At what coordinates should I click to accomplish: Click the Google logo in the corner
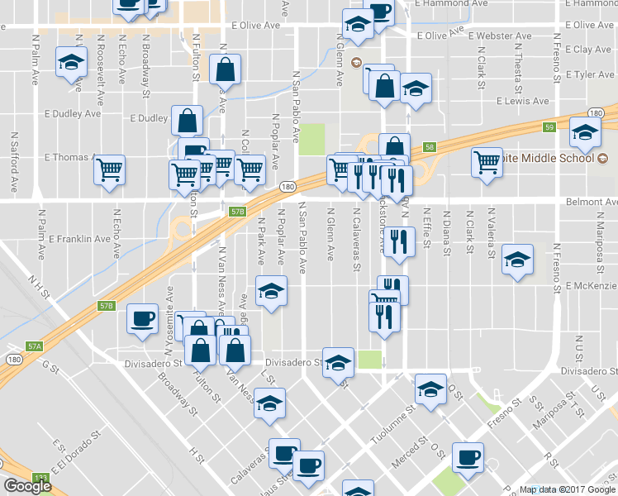pyautogui.click(x=27, y=486)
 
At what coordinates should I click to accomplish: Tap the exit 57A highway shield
pyautogui.click(x=34, y=346)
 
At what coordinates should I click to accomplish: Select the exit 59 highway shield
pyautogui.click(x=549, y=127)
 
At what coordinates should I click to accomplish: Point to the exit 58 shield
pyautogui.click(x=429, y=147)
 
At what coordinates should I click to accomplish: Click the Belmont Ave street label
pyautogui.click(x=591, y=202)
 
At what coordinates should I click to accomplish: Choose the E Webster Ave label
pyautogui.click(x=500, y=36)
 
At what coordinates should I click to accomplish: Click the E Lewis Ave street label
pyautogui.click(x=523, y=101)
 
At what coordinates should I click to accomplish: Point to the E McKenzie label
pyautogui.click(x=592, y=286)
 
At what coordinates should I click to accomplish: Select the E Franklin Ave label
pyautogui.click(x=79, y=239)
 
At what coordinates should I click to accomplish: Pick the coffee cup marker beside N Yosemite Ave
pyautogui.click(x=142, y=317)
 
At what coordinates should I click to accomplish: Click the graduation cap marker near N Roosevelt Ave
pyautogui.click(x=71, y=62)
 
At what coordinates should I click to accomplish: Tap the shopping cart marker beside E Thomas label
pyautogui.click(x=109, y=170)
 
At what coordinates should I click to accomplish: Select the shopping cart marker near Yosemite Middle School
pyautogui.click(x=487, y=161)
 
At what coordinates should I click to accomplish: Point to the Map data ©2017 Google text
pyautogui.click(x=566, y=489)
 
